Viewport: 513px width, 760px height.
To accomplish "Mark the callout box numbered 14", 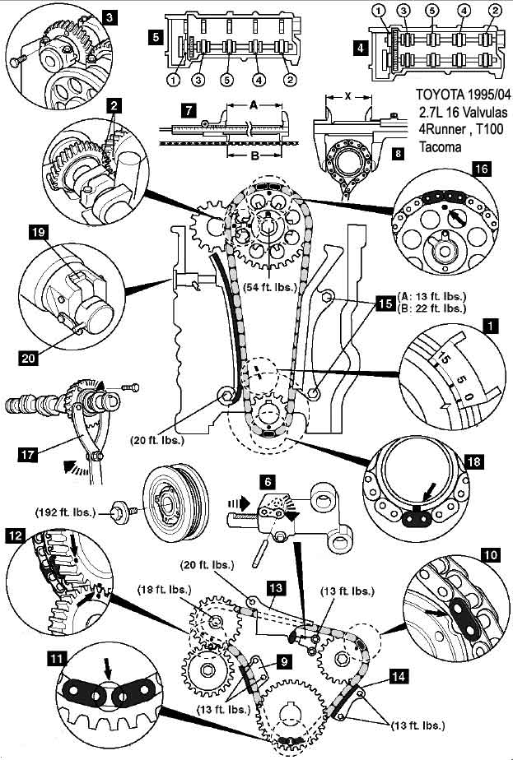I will (x=399, y=676).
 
